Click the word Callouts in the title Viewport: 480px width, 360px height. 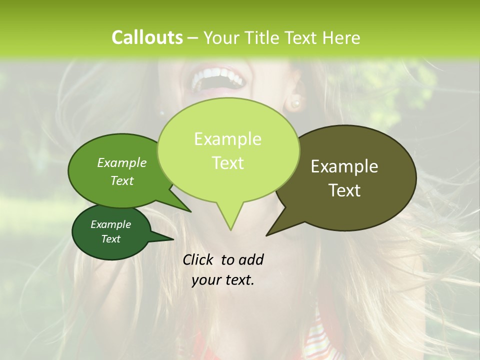click(x=147, y=37)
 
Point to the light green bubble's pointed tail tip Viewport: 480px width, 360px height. click(x=230, y=230)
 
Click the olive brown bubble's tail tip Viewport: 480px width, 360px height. click(x=266, y=235)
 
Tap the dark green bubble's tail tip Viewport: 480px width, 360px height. click(x=173, y=239)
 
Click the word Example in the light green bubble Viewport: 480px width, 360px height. click(x=227, y=139)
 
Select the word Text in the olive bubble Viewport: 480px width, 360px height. click(x=344, y=190)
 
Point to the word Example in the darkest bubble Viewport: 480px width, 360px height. click(x=111, y=224)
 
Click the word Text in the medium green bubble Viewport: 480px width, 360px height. click(x=122, y=180)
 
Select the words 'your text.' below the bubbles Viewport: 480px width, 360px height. click(x=223, y=280)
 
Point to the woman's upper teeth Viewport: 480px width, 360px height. click(x=218, y=76)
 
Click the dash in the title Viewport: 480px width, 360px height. click(x=193, y=37)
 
